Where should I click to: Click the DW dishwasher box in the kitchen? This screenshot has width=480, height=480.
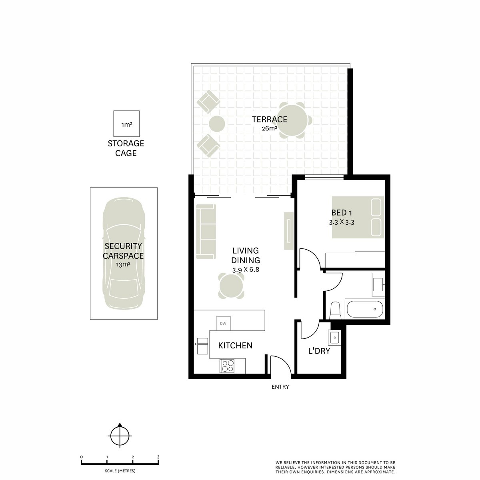[223, 323]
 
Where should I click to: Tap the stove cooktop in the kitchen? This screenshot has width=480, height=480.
[228, 366]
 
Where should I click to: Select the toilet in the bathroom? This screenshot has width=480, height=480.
[335, 311]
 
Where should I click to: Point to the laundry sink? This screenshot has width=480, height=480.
[334, 338]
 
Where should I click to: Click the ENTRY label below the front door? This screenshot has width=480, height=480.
[280, 387]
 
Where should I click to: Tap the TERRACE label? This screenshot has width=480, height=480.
[269, 119]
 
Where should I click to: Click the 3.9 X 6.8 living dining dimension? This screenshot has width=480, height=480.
[246, 269]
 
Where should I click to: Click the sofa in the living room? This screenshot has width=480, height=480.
[206, 231]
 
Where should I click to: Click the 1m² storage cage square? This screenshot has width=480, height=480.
[126, 124]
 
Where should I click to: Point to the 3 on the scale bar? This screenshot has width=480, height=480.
[158, 457]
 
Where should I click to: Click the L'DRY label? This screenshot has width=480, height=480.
[319, 351]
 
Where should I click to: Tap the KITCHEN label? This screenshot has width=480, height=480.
[235, 345]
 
